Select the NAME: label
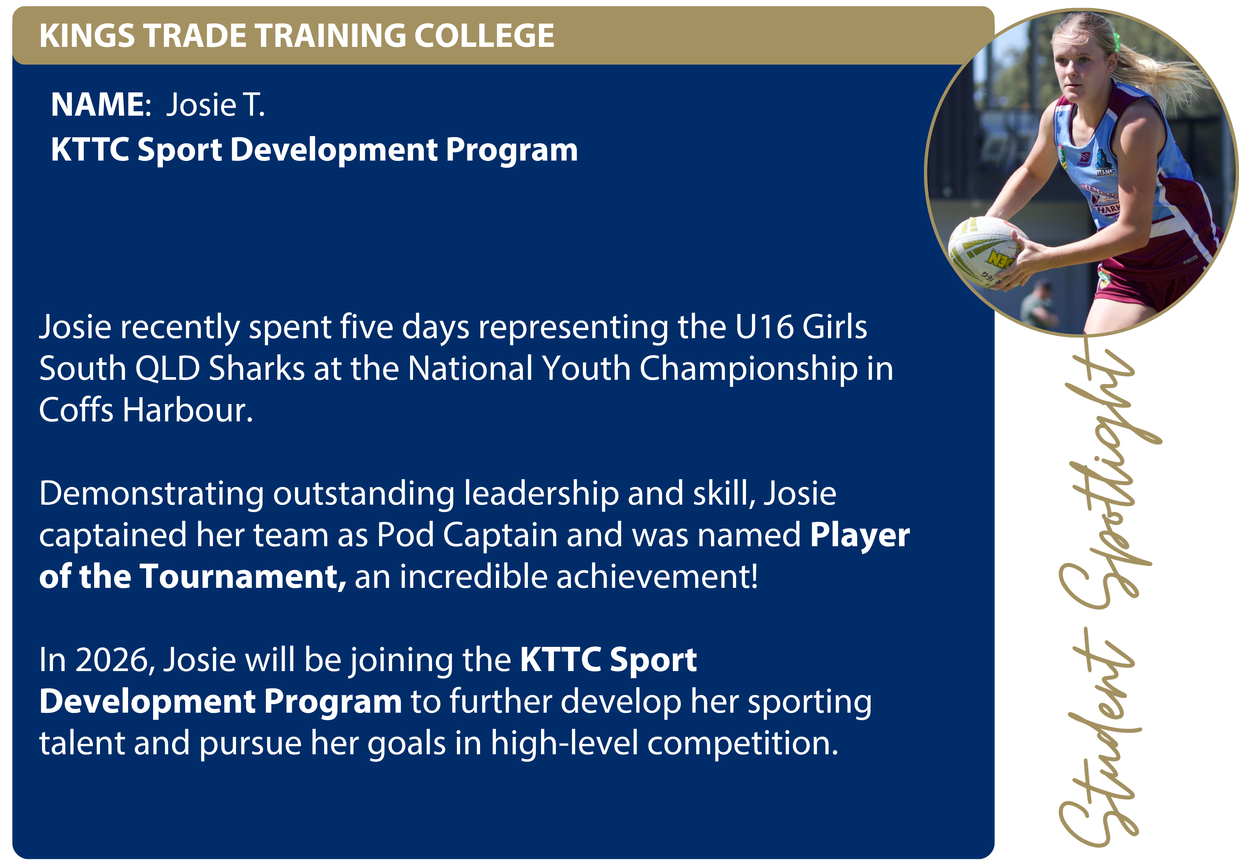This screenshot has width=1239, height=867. [101, 104]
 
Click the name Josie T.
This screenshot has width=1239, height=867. [215, 104]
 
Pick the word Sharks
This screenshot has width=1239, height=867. [257, 369]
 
